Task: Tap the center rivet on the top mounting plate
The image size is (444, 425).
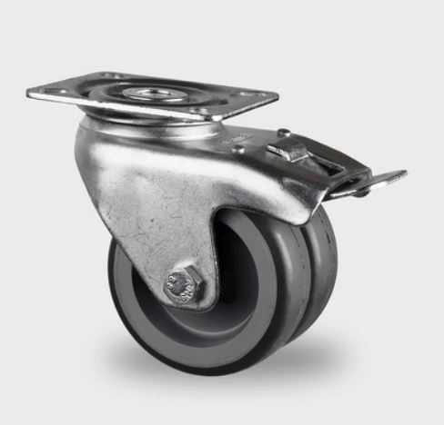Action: point(144,94)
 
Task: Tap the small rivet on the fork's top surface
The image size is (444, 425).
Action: point(238,147)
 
